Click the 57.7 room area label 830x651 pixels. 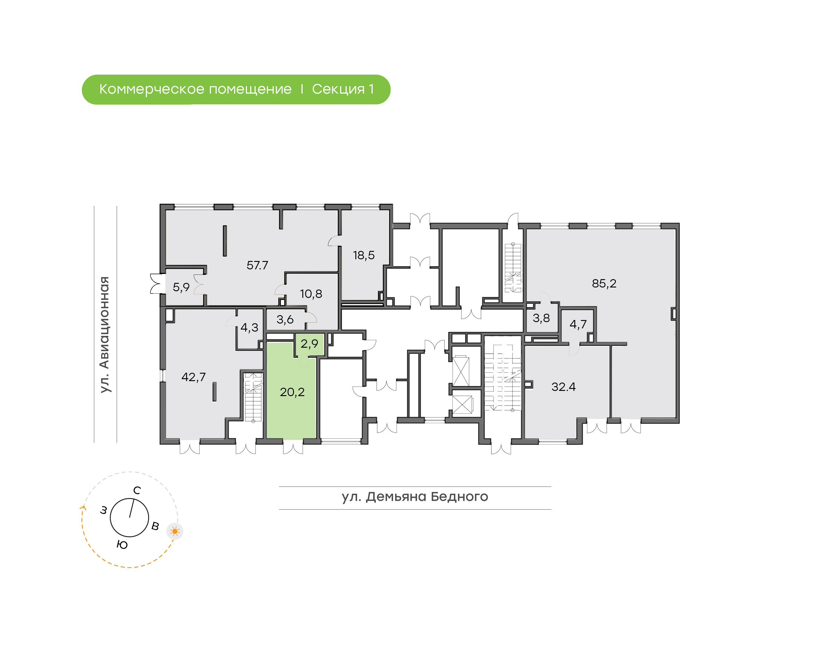pyautogui.click(x=257, y=265)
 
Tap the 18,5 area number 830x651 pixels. pyautogui.click(x=364, y=256)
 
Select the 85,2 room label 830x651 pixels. pyautogui.click(x=604, y=283)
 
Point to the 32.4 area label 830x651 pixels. pyautogui.click(x=563, y=387)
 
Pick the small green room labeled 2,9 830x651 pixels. pyautogui.click(x=310, y=344)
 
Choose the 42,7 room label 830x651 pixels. pyautogui.click(x=194, y=377)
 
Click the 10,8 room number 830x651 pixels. pyautogui.click(x=311, y=294)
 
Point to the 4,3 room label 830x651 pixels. pyautogui.click(x=249, y=328)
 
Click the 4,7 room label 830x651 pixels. pyautogui.click(x=578, y=324)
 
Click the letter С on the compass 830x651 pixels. pyautogui.click(x=137, y=491)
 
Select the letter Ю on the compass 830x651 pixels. pyautogui.click(x=122, y=545)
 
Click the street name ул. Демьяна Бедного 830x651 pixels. pyautogui.click(x=415, y=497)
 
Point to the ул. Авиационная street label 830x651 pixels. pyautogui.click(x=104, y=335)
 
